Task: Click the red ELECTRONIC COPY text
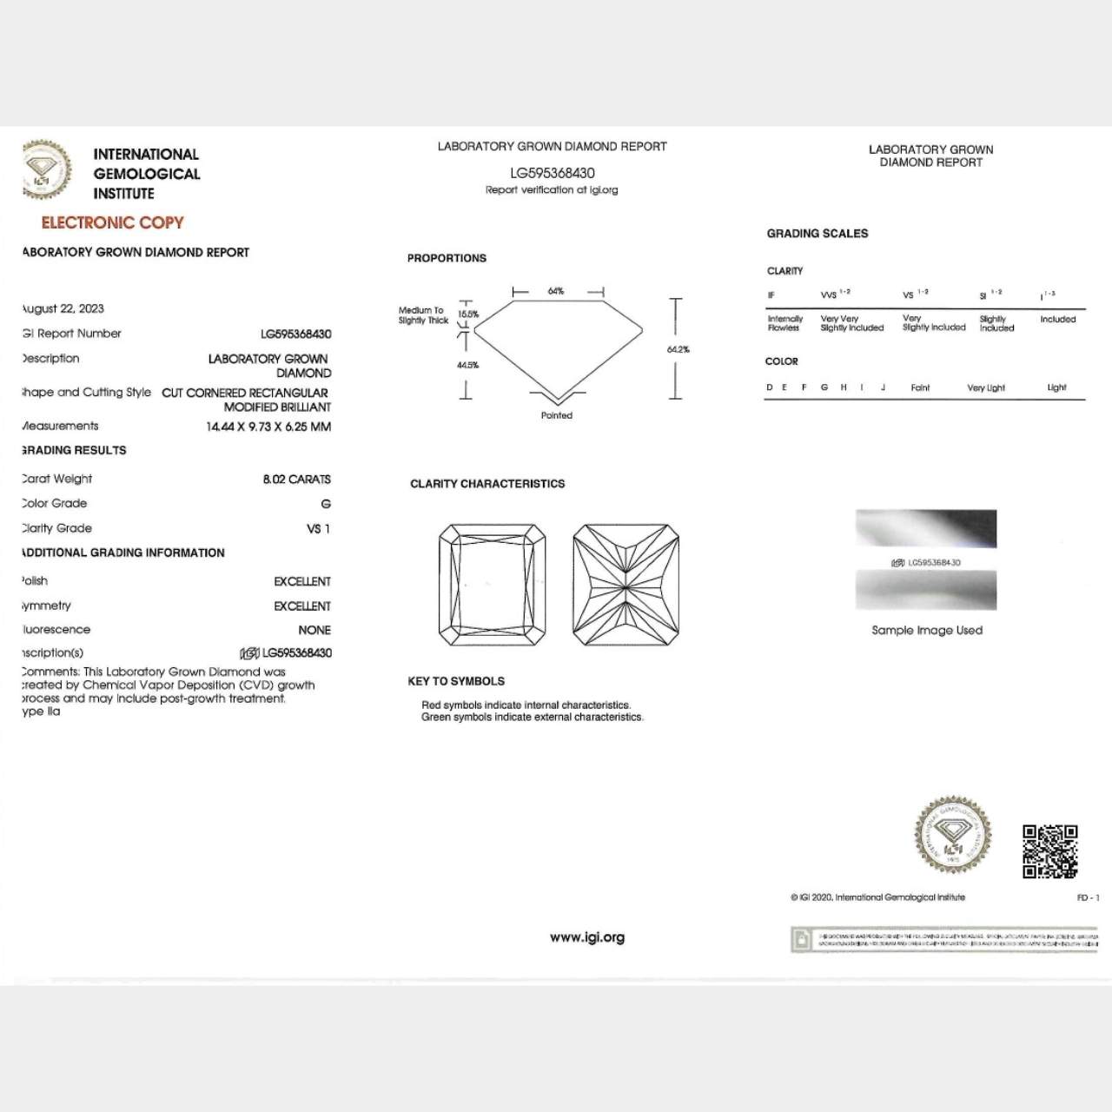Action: coord(112,222)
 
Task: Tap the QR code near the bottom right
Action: coord(1049,851)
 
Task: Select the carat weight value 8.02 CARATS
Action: coord(296,479)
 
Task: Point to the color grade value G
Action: coord(326,504)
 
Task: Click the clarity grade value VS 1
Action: coord(318,528)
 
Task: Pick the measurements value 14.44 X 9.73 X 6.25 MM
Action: coord(268,427)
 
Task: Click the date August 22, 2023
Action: coord(63,308)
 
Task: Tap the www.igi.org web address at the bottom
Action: coord(587,937)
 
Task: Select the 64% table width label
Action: coord(556,291)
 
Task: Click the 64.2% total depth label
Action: coord(678,349)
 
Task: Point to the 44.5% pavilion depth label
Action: coord(467,365)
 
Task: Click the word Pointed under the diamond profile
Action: coord(557,415)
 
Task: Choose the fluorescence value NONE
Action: coord(314,630)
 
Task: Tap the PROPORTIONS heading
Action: coord(447,258)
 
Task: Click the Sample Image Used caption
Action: coord(927,630)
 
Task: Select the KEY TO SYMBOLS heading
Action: coord(456,681)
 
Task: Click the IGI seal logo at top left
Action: coord(46,169)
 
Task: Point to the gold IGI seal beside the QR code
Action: coord(953,835)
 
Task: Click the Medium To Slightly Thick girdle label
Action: coord(423,315)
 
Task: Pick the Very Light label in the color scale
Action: coord(986,387)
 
